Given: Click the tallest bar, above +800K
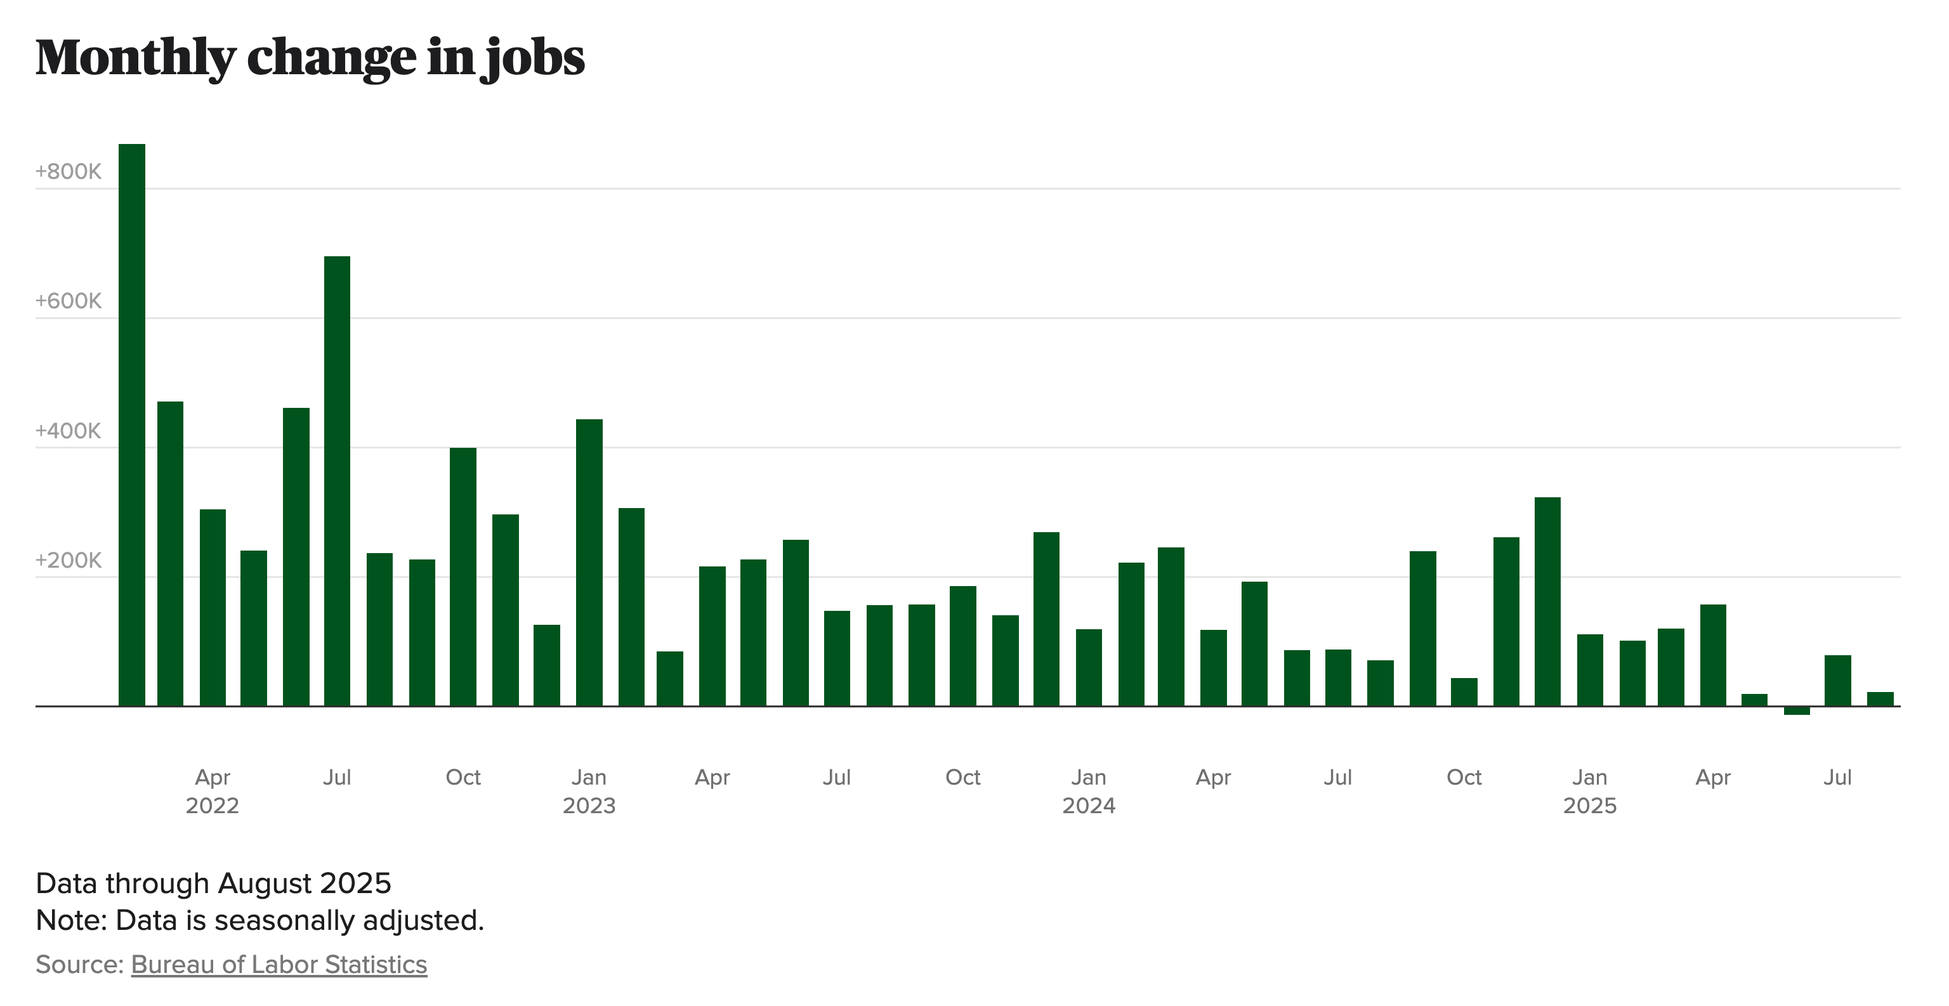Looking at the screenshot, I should (132, 424).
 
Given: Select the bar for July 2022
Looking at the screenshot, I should (337, 481).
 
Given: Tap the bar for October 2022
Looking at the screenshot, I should (463, 577).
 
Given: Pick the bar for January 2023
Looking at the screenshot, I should (589, 563).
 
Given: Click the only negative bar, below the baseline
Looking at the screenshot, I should (1796, 710).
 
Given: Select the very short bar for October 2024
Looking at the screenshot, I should (1464, 692).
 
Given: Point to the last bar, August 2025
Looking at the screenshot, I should (1880, 699).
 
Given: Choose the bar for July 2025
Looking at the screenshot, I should (1838, 681).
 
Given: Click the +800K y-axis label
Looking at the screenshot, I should (68, 172).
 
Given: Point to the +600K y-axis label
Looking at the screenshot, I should (68, 301).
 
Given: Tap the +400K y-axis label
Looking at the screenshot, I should (68, 431).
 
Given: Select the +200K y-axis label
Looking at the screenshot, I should (68, 561).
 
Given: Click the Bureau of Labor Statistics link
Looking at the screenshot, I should (279, 964).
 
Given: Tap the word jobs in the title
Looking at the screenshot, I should (534, 58).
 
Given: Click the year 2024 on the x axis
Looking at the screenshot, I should (1088, 806).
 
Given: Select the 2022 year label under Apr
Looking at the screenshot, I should (212, 806).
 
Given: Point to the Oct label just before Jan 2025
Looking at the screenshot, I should (1464, 778).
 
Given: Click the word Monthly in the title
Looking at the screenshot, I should (136, 58).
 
